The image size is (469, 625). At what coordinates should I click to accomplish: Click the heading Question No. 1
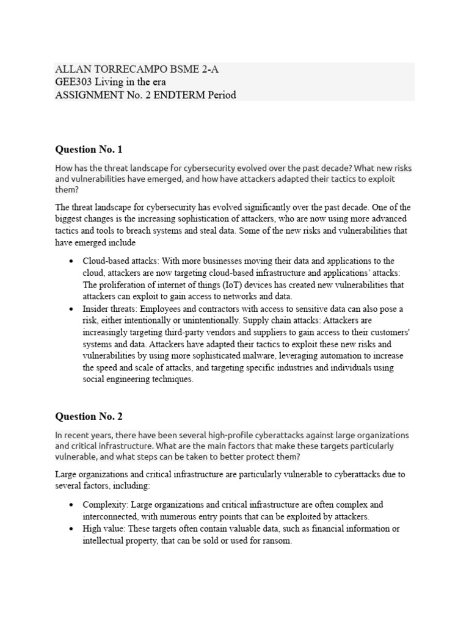pyautogui.click(x=89, y=149)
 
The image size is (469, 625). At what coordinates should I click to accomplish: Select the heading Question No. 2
pyautogui.click(x=89, y=417)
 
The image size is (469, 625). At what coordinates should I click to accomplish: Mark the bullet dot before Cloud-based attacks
pyautogui.click(x=72, y=261)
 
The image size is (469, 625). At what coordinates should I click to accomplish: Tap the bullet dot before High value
pyautogui.click(x=72, y=529)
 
